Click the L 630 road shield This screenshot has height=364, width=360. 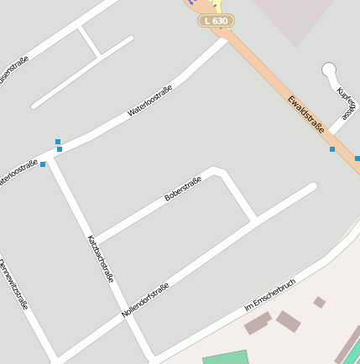pos(216,20)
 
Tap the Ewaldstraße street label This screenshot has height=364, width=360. pos(305,114)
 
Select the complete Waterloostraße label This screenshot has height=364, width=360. pos(149,101)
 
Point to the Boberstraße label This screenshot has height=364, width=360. pos(183,188)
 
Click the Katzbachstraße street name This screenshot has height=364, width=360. pos(100,258)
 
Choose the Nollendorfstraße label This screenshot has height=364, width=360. pos(145,299)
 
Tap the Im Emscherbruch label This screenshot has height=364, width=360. pos(270,295)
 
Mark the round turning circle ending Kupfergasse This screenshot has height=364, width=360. pos(329,70)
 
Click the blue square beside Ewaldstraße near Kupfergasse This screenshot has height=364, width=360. pos(332,149)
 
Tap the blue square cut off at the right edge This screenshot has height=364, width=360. pos(357,158)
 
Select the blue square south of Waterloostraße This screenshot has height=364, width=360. pos(43,164)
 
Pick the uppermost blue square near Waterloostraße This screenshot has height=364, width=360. pos(58,142)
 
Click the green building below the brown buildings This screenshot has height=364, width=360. pos(226,357)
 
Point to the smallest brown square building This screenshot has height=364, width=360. pos(319,302)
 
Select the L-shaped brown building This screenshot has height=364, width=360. pos(258,322)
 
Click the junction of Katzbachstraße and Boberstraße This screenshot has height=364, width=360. pos(93,241)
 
